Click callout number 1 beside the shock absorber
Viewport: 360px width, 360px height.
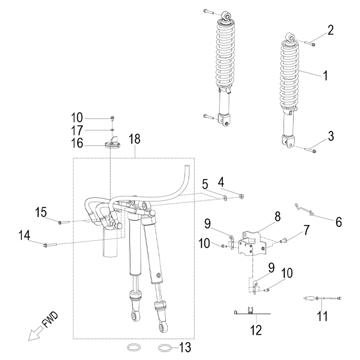326,75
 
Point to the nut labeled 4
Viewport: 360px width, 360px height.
241,196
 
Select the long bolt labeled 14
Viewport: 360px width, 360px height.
49,245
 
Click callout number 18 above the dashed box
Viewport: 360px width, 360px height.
134,139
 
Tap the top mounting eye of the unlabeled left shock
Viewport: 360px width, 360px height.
226,16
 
